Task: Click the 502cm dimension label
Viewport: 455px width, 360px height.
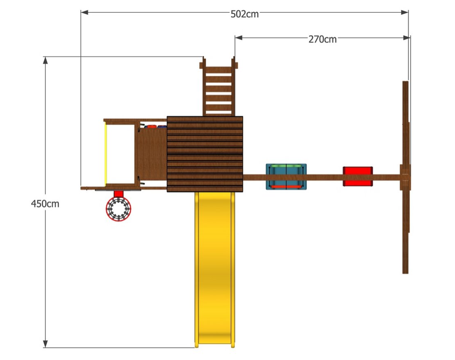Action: point(245,14)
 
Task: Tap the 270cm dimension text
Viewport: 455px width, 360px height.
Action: point(322,39)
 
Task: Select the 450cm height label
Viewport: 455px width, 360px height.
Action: point(45,204)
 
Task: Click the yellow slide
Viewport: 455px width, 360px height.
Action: point(215,269)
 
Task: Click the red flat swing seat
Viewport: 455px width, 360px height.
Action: point(358,176)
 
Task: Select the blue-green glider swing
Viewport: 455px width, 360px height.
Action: point(286,177)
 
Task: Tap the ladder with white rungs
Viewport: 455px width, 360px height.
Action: point(218,86)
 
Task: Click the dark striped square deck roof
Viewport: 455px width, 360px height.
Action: point(205,154)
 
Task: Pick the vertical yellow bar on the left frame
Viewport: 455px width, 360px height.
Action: point(106,154)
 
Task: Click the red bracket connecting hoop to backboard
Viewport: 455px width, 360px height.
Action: point(118,194)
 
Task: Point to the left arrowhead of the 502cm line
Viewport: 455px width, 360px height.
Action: point(84,12)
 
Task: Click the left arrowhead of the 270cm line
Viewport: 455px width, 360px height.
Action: point(239,38)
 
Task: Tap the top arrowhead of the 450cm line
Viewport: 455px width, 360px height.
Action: point(45,60)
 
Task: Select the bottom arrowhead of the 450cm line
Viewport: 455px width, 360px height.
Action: point(45,344)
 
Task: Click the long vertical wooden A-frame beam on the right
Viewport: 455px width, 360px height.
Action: point(405,177)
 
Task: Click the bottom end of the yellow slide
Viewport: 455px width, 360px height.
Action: point(215,345)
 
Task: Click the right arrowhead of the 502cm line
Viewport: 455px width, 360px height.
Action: point(405,12)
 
